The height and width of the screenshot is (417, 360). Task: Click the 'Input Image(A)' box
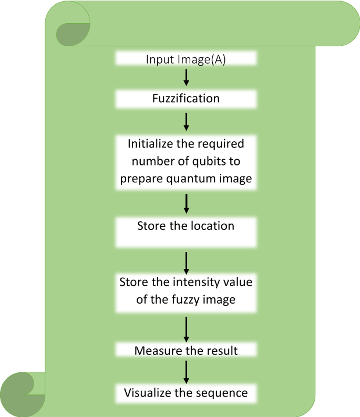(x=186, y=59)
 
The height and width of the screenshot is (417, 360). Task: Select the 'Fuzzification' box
(x=186, y=99)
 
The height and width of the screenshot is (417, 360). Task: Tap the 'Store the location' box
(x=186, y=232)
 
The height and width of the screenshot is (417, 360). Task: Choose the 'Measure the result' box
(x=186, y=350)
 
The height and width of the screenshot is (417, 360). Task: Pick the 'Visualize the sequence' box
(x=186, y=392)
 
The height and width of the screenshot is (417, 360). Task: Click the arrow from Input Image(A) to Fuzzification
(x=186, y=77)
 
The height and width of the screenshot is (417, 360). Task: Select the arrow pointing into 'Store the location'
(x=186, y=203)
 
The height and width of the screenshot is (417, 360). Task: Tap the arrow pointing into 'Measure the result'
(x=186, y=329)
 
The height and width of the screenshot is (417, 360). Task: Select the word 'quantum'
(x=201, y=179)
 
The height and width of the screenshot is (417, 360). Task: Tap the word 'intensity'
(x=193, y=282)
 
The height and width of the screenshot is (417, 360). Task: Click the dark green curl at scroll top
(x=72, y=34)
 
